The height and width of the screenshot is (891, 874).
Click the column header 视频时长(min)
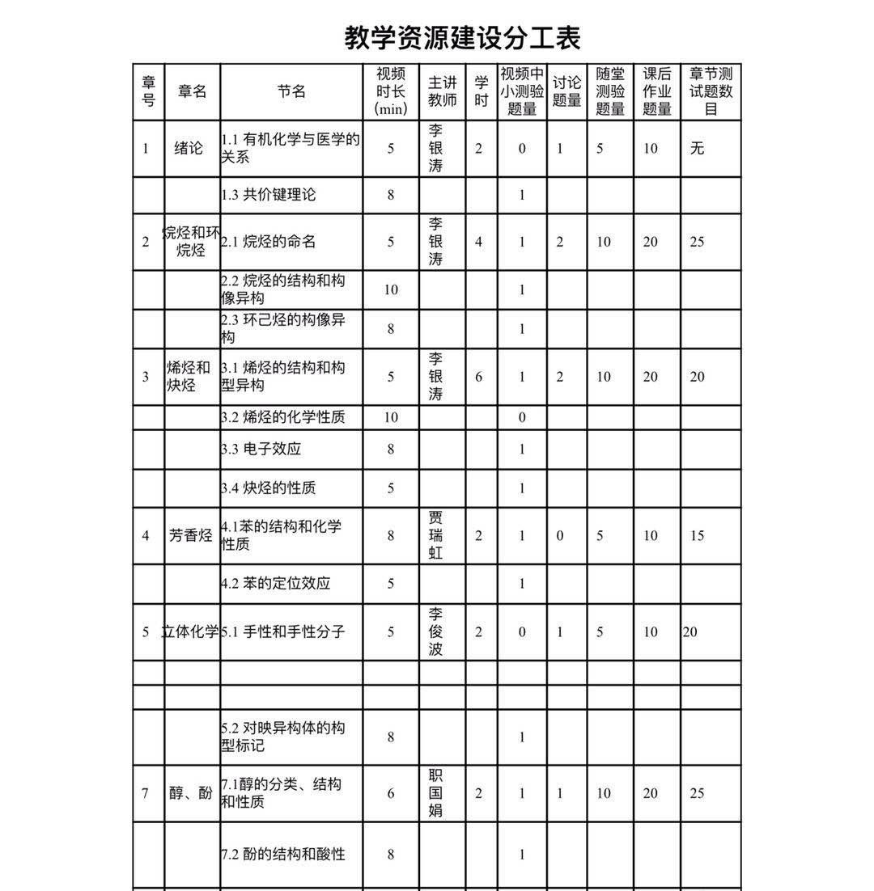(391, 91)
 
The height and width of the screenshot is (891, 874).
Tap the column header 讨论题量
(566, 91)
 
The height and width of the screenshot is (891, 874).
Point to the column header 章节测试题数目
(711, 91)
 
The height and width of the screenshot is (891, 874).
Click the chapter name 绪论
(189, 148)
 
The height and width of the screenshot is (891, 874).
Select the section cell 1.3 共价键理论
(269, 194)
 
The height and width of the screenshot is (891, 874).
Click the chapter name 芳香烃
(190, 535)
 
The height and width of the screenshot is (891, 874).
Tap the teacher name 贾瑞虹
(435, 535)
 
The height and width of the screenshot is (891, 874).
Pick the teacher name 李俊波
(435, 631)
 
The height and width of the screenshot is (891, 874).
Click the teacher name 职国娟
(435, 793)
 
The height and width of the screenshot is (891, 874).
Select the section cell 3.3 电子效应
(261, 449)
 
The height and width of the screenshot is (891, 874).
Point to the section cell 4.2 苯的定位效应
(276, 583)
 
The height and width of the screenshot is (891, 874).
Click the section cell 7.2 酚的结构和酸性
(283, 854)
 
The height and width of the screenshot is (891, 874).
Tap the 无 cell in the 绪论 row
(698, 148)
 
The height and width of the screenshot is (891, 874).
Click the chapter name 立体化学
(190, 631)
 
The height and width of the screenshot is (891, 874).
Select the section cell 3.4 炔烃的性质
(269, 488)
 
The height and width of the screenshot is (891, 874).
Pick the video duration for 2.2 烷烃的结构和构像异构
(391, 289)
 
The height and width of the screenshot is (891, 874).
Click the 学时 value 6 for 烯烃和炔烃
(479, 376)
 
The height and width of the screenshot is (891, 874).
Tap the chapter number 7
(146, 793)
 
